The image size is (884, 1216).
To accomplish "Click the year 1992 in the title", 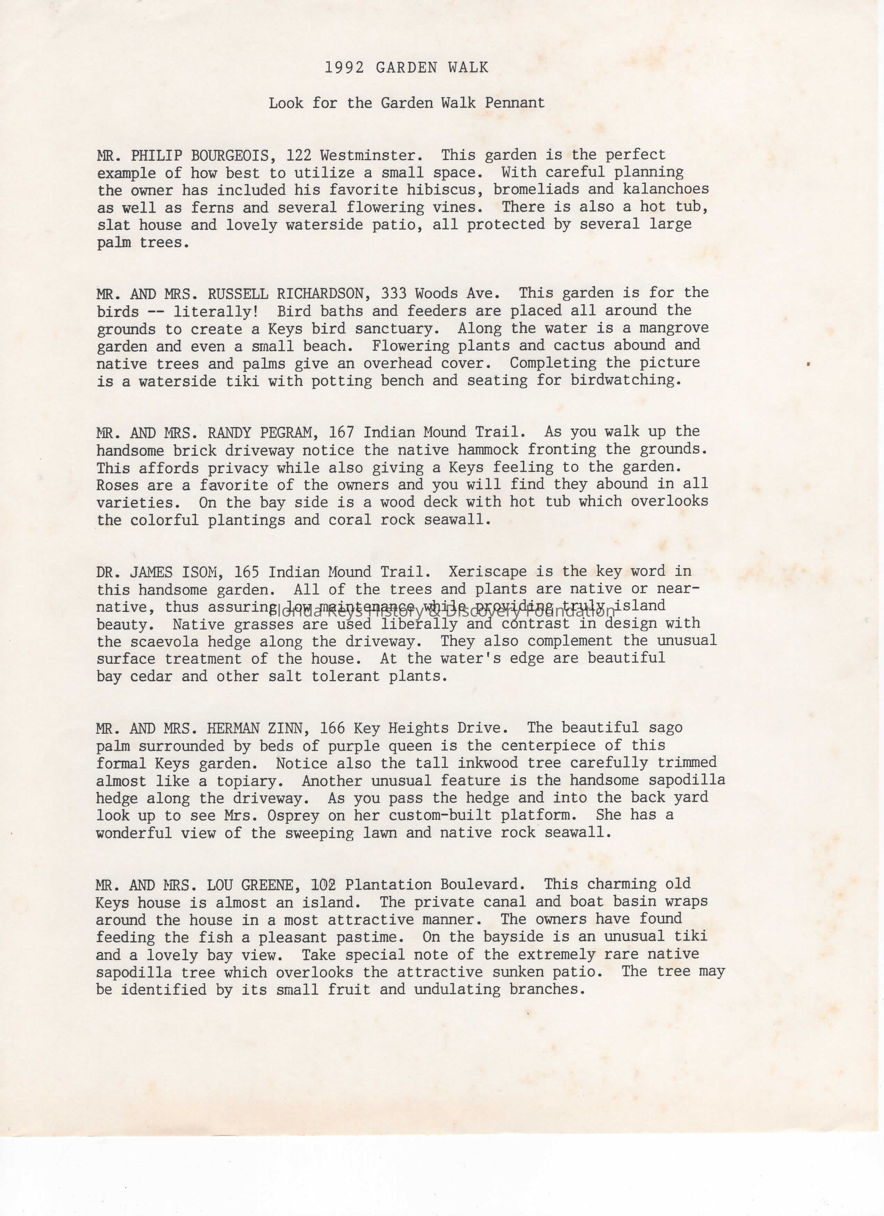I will pos(344,67).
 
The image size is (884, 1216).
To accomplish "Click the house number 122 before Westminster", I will pos(299,155).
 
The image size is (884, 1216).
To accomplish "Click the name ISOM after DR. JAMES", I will pos(200,572).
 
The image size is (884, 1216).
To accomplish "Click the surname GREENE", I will pos(260,885).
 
